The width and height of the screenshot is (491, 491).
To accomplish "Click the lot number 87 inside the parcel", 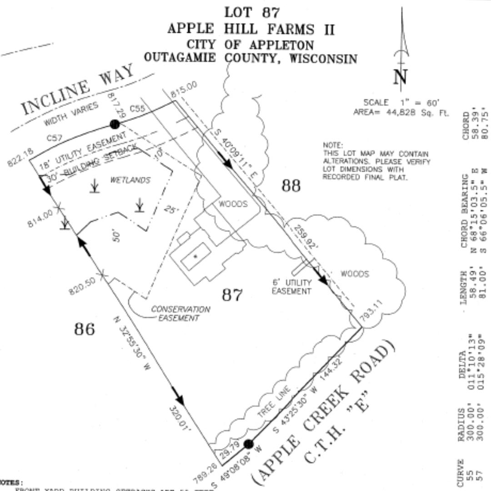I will click(232, 295).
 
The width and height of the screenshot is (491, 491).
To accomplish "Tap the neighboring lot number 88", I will click(291, 185).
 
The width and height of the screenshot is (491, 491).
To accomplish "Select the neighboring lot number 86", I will click(85, 329).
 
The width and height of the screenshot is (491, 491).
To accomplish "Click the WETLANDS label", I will click(130, 180).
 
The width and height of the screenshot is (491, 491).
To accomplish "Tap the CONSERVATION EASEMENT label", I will click(180, 314).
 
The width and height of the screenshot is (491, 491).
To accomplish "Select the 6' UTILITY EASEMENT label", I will click(291, 287).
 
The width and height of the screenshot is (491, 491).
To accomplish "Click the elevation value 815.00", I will click(185, 89).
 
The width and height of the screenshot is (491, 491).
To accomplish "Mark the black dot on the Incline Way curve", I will click(115, 124).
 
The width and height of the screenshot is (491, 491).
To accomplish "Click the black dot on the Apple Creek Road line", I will click(248, 444).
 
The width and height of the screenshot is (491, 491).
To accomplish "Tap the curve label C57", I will click(54, 138).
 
